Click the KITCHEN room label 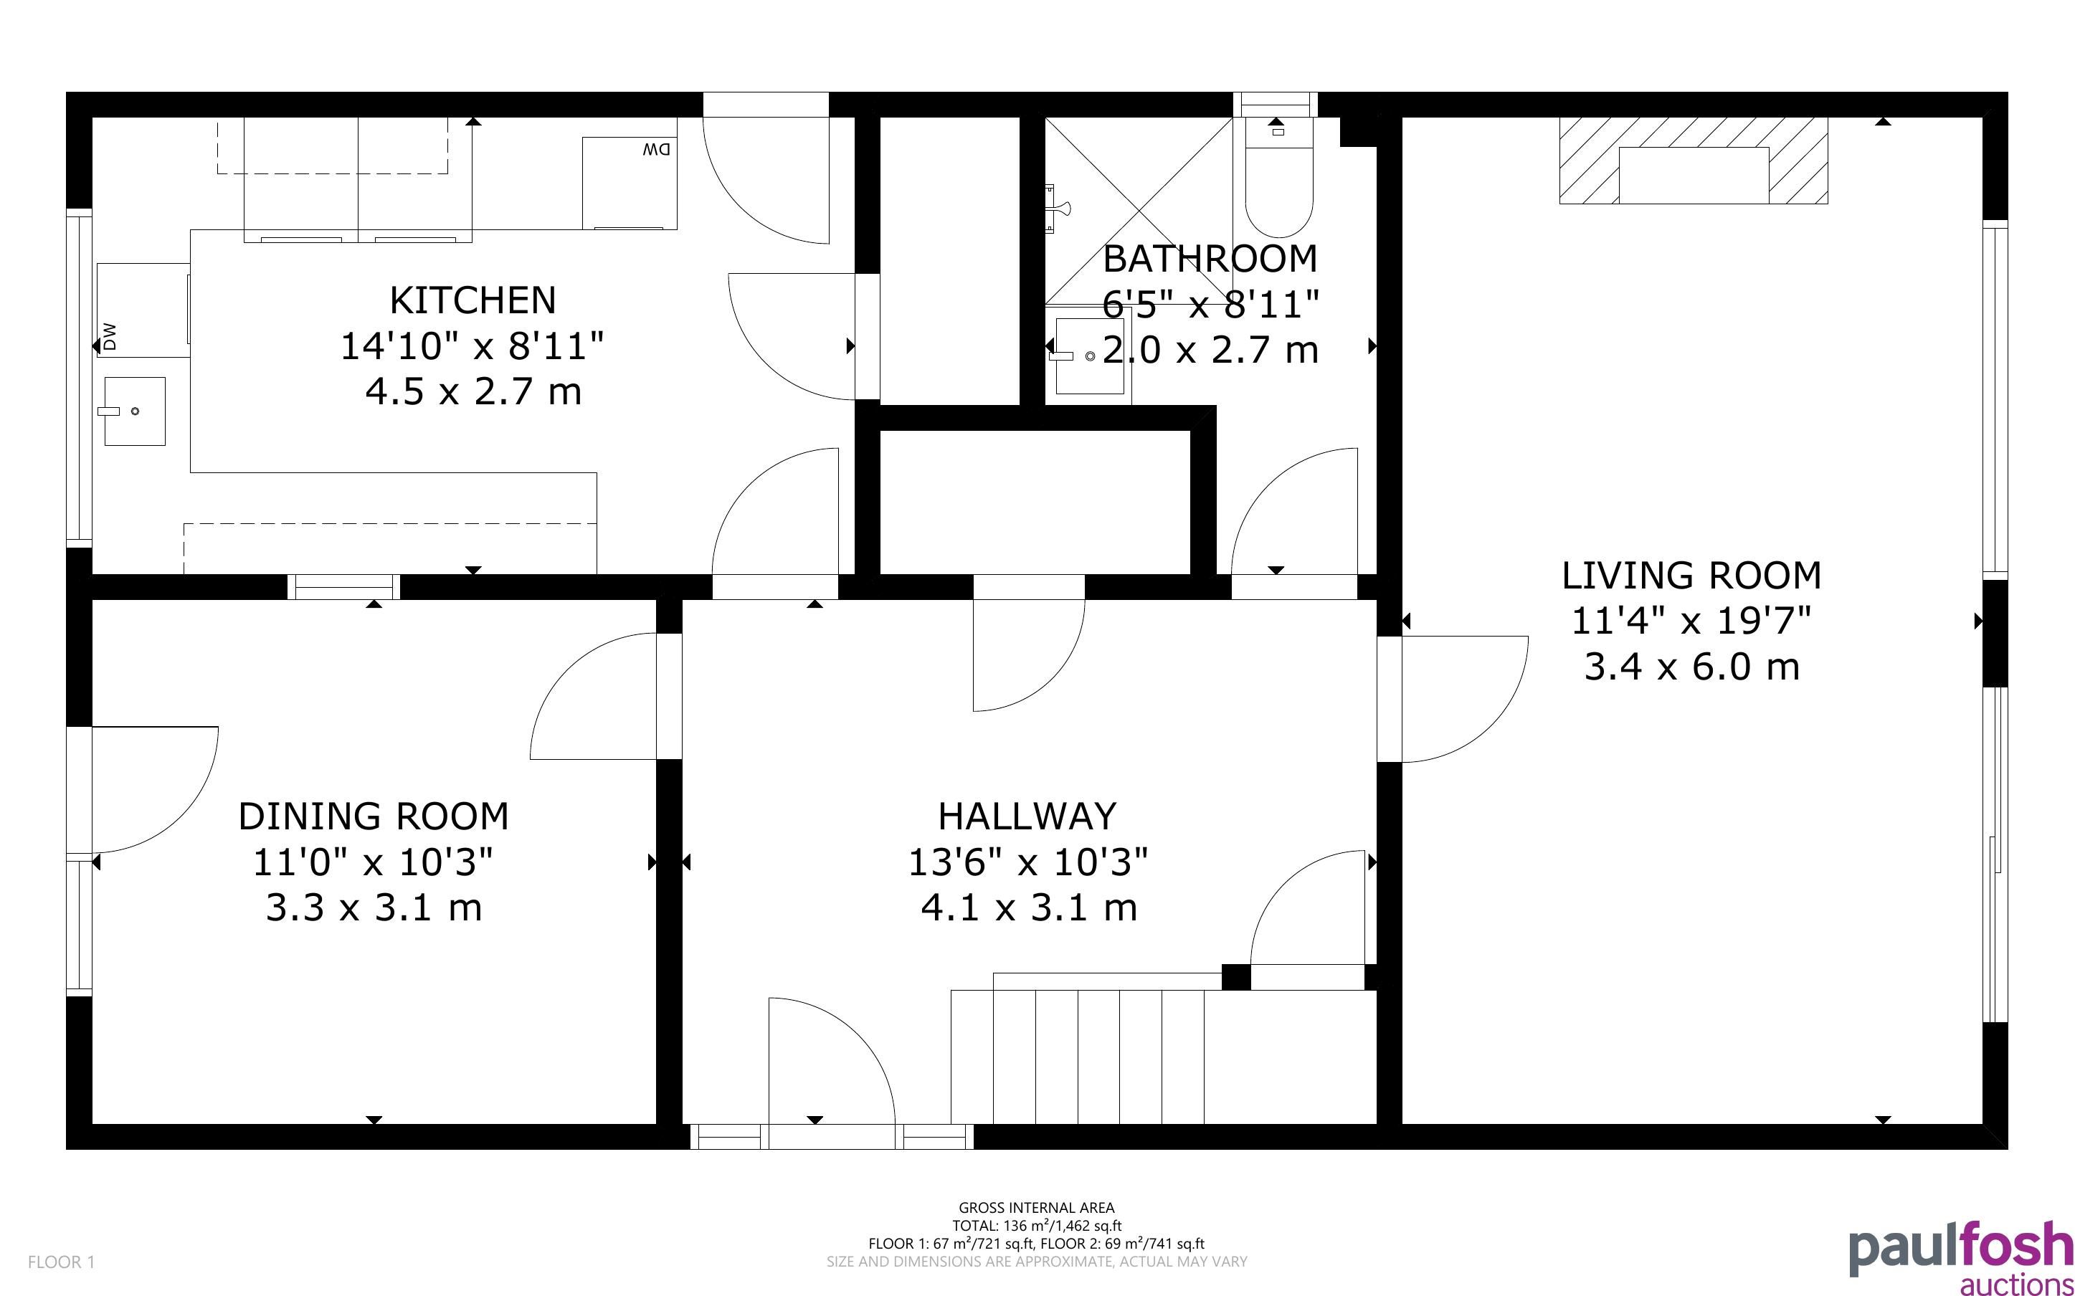[473, 300]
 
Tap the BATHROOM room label [1210, 258]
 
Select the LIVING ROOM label [1691, 575]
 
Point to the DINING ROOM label [374, 816]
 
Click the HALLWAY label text [1027, 816]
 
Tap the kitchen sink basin [135, 411]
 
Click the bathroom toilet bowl [1278, 192]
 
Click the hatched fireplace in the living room [1693, 161]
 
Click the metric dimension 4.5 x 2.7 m [473, 391]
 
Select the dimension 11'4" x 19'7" [1691, 621]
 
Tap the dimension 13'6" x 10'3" [1027, 862]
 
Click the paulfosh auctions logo [1960, 1257]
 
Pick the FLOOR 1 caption [61, 1262]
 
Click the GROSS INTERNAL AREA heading [1036, 1208]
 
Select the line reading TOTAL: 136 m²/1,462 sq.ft [1036, 1226]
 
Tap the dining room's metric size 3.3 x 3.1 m [374, 907]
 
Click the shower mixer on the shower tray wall [1056, 207]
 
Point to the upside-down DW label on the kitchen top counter [655, 150]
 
